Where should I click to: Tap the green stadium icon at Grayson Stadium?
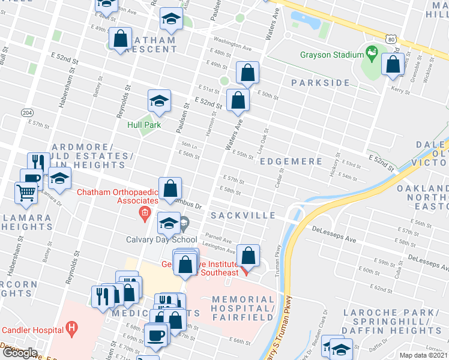pos(372,52)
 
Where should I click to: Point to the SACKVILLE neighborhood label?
pos(243,215)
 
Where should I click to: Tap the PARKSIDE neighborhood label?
pos(320,82)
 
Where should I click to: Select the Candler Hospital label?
pos(32,329)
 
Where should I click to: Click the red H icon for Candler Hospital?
pos(72,329)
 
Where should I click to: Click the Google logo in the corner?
pos(19,352)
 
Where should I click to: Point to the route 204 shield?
pos(27,112)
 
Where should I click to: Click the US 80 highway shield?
pos(391,40)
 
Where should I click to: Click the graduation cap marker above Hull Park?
pos(159,101)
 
